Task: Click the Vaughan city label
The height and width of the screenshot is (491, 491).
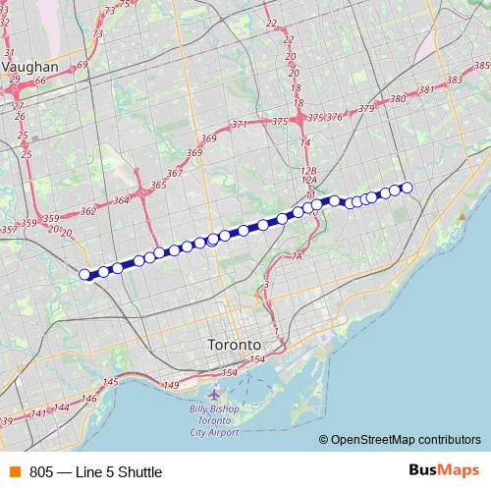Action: tap(32, 67)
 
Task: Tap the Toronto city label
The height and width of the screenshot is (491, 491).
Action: tap(235, 346)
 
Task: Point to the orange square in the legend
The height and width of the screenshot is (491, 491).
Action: tap(14, 472)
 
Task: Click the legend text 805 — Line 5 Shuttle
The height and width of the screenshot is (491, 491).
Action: tap(95, 472)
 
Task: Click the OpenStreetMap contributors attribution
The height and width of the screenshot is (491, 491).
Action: tap(406, 440)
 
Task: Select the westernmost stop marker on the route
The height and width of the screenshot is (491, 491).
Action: tap(84, 274)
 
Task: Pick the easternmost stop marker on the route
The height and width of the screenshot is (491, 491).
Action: tap(407, 187)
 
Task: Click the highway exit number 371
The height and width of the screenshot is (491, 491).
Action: tap(240, 125)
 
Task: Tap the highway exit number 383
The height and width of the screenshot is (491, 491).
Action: tap(454, 80)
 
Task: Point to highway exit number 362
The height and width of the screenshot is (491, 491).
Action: tap(88, 210)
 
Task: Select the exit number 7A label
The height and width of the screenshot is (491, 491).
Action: tap(298, 256)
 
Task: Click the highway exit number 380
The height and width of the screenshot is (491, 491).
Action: tap(398, 99)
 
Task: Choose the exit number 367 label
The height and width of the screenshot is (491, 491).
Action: tap(175, 173)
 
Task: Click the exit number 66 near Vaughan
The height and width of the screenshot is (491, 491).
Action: tap(41, 81)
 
